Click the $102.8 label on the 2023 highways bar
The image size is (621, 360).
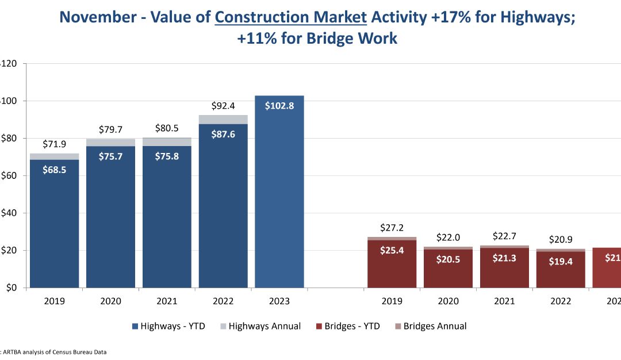click(x=279, y=106)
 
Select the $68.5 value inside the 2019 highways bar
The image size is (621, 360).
click(x=54, y=170)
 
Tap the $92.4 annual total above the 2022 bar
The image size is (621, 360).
click(x=223, y=106)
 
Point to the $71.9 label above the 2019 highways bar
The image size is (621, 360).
click(x=54, y=144)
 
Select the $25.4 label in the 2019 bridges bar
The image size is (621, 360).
click(x=392, y=250)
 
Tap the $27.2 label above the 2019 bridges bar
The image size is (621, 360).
click(x=392, y=227)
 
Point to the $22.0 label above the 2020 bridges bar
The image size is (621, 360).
click(x=448, y=237)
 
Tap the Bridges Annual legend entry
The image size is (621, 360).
click(x=430, y=326)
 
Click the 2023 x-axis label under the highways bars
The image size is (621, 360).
click(x=279, y=301)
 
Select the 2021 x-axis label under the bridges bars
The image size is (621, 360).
click(x=504, y=301)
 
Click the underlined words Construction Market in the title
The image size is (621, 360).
click(x=290, y=17)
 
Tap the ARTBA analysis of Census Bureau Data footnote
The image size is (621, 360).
click(x=55, y=352)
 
